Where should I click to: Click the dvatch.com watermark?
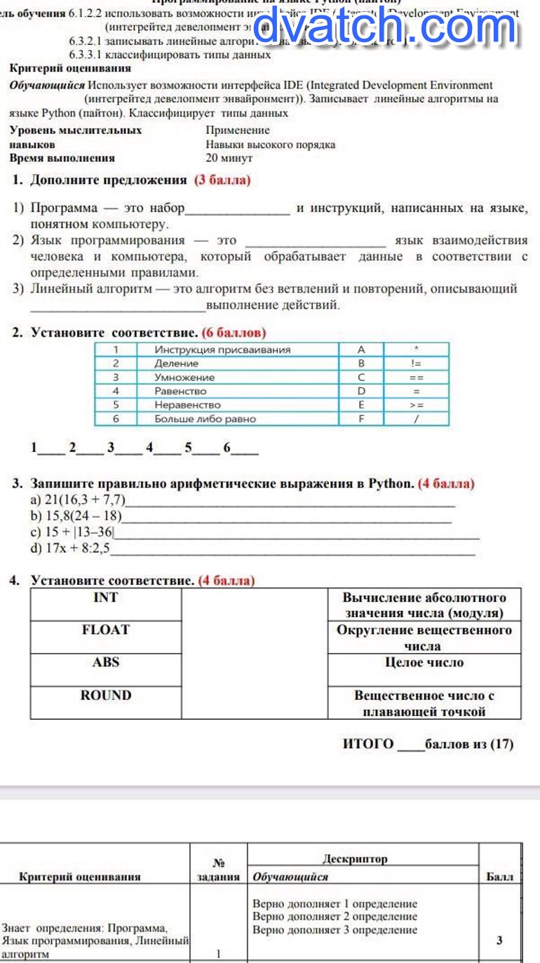tap(384, 29)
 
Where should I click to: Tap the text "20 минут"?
tap(229, 159)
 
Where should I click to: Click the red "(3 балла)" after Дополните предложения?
tap(222, 180)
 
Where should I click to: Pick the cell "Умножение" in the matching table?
tap(184, 377)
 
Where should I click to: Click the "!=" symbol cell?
tap(416, 363)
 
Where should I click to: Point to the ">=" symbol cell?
tap(416, 405)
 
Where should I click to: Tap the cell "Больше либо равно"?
tap(205, 419)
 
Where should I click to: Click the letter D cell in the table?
tap(361, 391)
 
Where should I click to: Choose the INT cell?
tap(106, 598)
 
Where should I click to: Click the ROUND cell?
tap(106, 696)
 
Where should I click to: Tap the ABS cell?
tap(106, 662)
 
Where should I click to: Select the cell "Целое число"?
tap(424, 662)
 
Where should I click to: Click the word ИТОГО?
tap(368, 744)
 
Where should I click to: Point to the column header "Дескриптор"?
tap(355, 858)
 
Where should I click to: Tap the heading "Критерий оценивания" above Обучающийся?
tap(70, 68)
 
